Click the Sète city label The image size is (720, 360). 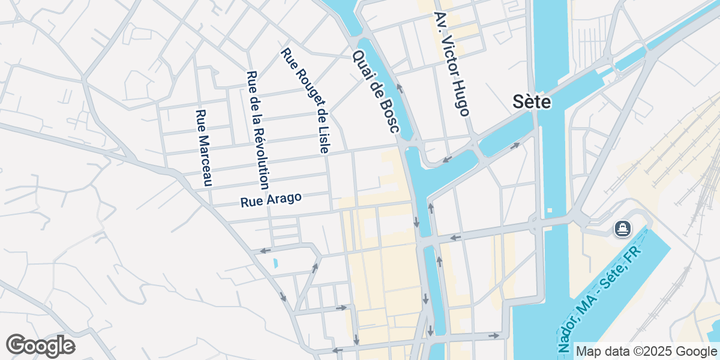point(532,102)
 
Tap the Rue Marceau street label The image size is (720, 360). point(205,148)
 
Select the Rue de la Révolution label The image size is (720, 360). point(258,130)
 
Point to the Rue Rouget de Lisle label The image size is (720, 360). point(304,101)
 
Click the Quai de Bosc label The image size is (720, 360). point(375,96)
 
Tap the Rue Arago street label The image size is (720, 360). point(271,200)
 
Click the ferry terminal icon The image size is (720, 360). point(622,229)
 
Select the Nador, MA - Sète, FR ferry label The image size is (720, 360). point(600,298)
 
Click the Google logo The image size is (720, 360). point(40,346)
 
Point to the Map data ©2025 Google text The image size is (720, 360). point(645,351)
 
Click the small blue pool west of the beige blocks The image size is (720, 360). point(275,263)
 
